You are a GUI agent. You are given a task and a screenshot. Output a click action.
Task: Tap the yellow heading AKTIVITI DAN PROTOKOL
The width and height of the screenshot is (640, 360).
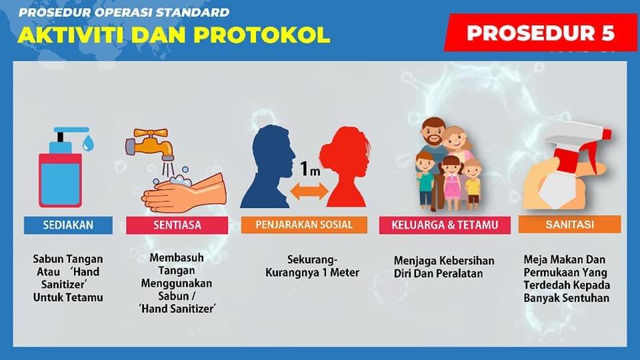(x=174, y=35)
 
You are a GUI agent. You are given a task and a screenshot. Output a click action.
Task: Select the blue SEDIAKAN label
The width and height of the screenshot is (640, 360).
(x=68, y=225)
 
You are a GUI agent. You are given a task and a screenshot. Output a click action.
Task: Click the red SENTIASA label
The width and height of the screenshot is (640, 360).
(x=177, y=225)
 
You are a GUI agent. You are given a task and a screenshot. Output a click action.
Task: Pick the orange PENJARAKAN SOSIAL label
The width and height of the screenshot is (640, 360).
(x=304, y=225)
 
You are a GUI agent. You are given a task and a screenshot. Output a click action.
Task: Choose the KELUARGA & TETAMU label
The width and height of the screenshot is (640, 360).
(x=445, y=225)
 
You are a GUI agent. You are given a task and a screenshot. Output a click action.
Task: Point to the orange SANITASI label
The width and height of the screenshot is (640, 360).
(x=570, y=225)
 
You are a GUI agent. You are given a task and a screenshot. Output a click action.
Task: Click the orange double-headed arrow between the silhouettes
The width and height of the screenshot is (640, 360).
(x=309, y=191)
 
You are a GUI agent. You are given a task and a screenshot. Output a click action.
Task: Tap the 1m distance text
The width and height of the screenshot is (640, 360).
(x=310, y=169)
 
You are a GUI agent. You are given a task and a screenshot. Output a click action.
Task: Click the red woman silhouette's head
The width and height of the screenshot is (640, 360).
(x=345, y=151)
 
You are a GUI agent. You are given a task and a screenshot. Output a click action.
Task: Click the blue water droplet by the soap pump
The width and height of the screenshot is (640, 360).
(x=88, y=143)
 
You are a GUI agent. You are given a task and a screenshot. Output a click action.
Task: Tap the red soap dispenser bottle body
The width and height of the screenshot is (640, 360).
(x=61, y=179)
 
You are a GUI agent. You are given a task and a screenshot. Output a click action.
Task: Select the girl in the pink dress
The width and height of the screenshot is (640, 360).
(x=451, y=182)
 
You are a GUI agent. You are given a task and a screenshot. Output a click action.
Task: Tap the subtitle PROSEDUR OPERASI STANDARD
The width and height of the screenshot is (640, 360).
(x=124, y=13)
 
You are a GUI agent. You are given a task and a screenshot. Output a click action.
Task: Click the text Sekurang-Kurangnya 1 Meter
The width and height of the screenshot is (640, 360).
(x=312, y=266)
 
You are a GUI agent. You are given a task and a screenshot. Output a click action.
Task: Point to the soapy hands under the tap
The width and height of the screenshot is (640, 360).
(x=184, y=191)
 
